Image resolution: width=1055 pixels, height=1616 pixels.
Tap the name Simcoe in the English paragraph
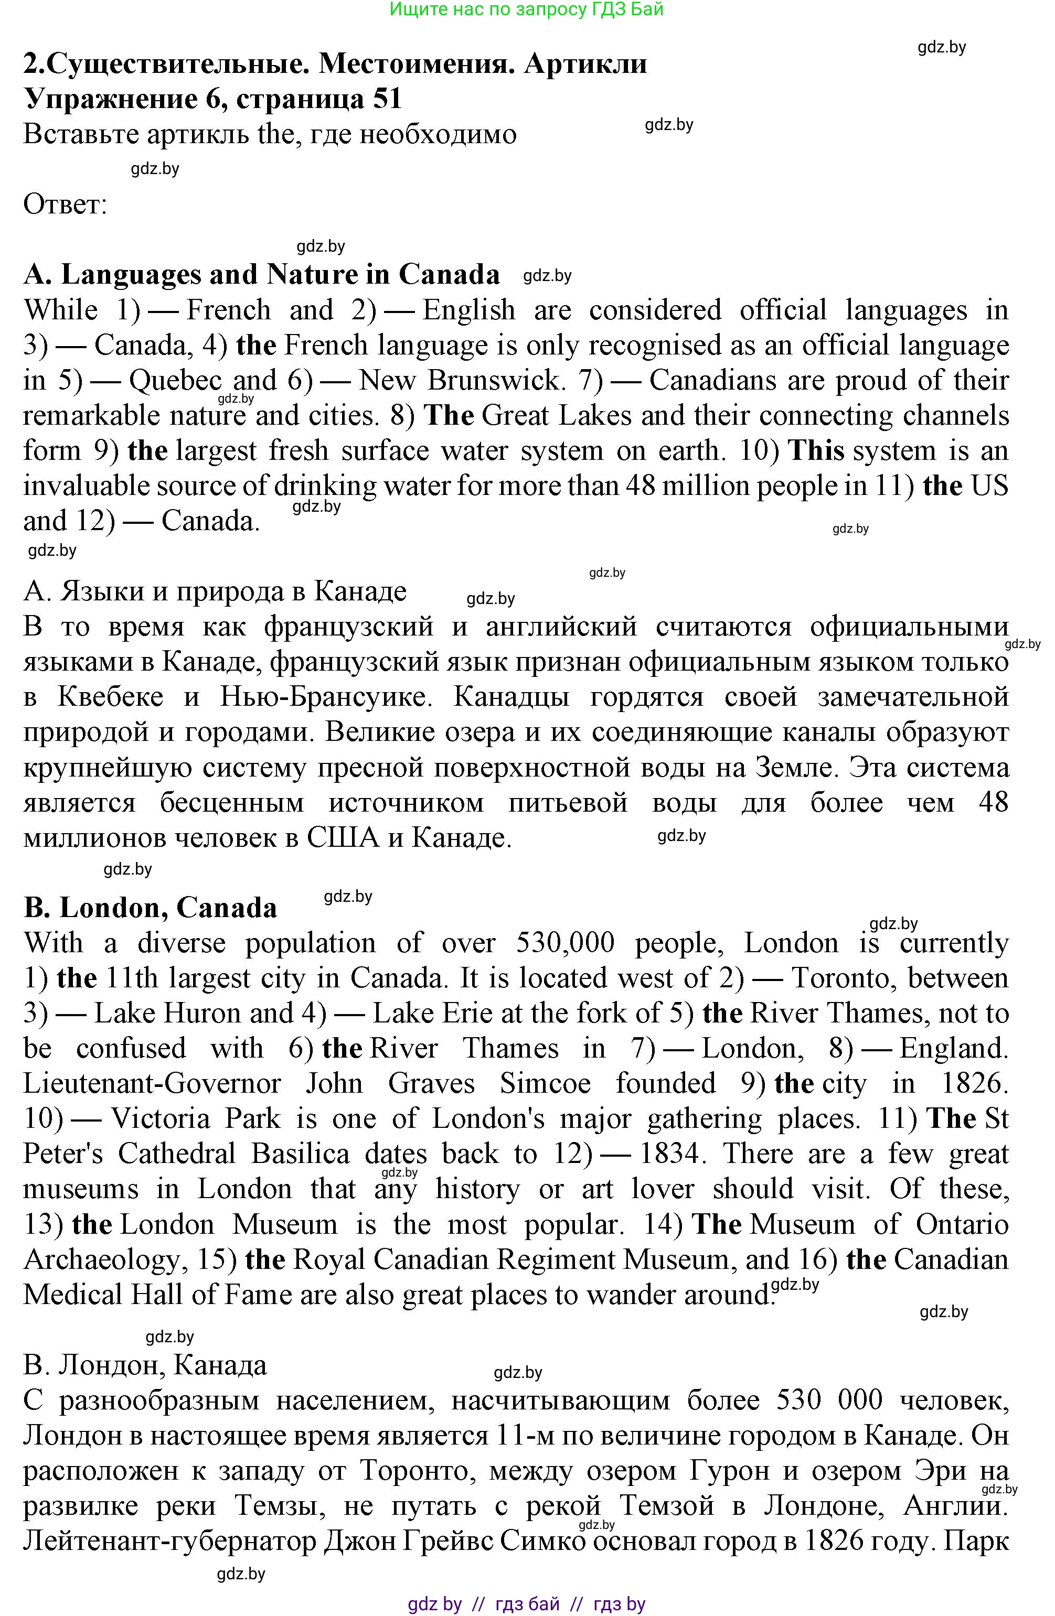[x=546, y=1084]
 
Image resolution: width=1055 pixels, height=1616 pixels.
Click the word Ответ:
[x=65, y=204]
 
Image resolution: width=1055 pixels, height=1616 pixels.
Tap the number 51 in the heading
[x=387, y=99]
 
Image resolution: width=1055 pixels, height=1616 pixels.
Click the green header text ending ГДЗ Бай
[x=527, y=9]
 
